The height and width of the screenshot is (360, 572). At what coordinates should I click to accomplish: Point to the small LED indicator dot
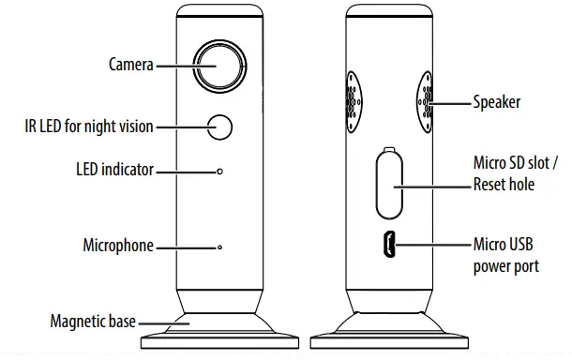pos(219,171)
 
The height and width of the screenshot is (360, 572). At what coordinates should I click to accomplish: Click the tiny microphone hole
pos(219,247)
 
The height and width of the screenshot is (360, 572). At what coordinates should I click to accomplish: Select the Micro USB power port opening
pos(389,245)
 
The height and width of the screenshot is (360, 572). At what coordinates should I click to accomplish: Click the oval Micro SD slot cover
pos(389,185)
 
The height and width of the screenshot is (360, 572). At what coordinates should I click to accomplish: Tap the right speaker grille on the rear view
pos(426,102)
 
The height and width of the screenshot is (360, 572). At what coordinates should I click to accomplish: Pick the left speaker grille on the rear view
pos(354,102)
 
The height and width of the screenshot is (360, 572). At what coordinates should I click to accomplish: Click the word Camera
pos(131,65)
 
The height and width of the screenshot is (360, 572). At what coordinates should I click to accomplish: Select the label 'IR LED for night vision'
pos(89,127)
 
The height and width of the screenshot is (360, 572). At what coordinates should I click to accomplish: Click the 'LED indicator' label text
pos(115,170)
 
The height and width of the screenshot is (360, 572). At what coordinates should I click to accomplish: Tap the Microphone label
pos(118,245)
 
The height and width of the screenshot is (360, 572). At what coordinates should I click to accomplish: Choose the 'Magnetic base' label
pos(93,322)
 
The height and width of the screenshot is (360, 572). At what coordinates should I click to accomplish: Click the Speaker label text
pos(496,102)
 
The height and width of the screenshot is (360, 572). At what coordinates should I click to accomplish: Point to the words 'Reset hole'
pos(504,184)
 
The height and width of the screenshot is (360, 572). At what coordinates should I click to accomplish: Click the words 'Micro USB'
pos(503,244)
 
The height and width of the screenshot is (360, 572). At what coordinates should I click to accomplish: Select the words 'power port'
pos(506,266)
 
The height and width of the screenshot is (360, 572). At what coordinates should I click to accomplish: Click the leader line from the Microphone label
pos(187,247)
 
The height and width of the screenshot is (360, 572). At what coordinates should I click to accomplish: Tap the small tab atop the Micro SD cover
pos(389,150)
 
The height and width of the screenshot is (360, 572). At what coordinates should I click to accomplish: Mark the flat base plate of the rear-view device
pos(389,342)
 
